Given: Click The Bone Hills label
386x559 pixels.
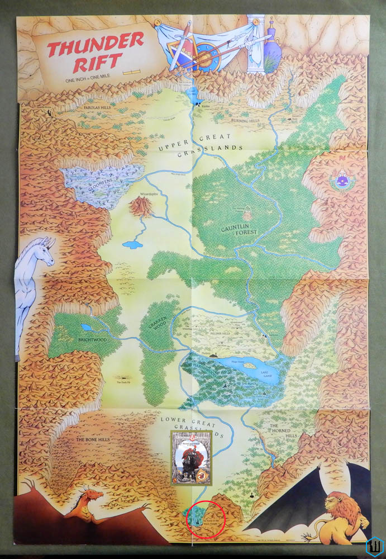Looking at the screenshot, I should [92, 439].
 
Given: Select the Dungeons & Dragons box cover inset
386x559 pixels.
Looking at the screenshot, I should [191, 458].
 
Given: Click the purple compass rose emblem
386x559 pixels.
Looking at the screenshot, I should [342, 181].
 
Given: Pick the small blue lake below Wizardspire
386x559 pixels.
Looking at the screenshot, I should [132, 244].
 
